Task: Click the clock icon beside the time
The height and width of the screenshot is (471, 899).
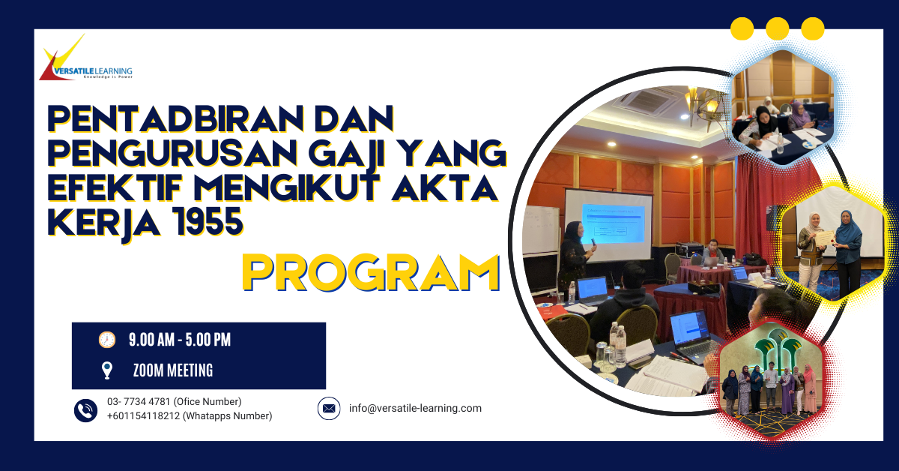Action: click(x=107, y=340)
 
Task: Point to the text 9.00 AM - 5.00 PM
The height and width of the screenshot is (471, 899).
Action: click(x=180, y=340)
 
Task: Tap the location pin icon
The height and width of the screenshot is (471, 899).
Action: click(x=107, y=370)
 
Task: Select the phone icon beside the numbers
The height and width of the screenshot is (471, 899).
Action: click(x=85, y=409)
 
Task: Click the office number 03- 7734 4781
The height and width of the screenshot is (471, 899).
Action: click(x=174, y=402)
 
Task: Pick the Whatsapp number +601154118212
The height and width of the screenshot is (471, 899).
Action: click(x=189, y=416)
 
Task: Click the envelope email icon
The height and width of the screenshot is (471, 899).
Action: click(x=328, y=409)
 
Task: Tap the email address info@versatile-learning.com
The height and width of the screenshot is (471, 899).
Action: click(x=415, y=409)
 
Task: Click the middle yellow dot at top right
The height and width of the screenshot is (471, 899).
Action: click(x=777, y=28)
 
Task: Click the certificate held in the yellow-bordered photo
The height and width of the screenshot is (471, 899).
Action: click(x=823, y=238)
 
